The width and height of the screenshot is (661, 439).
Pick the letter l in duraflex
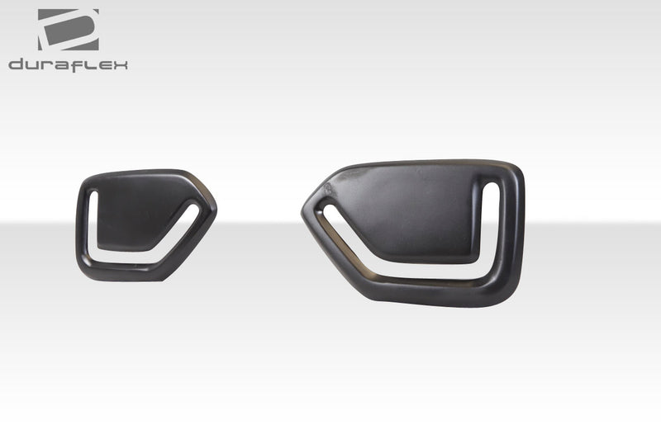pyautogui.click(x=91, y=64)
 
